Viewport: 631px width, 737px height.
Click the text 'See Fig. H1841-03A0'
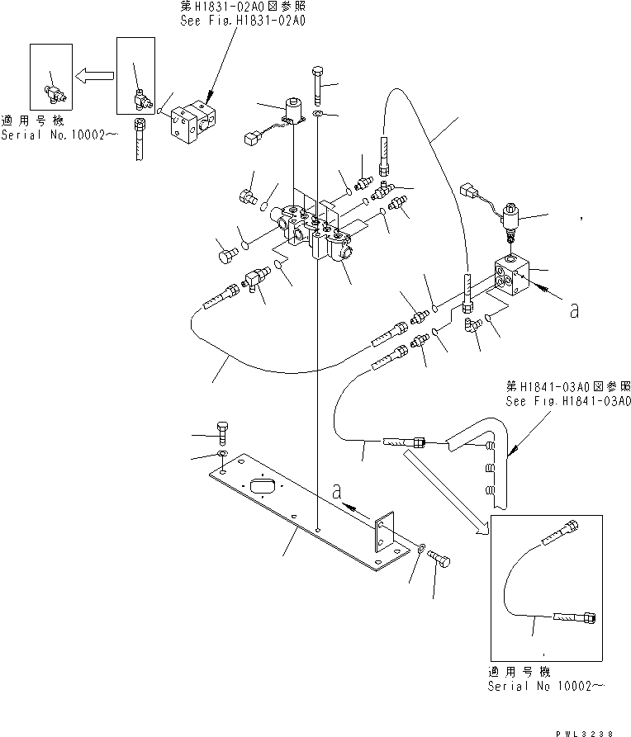pyautogui.click(x=567, y=402)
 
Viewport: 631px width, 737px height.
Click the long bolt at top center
pyautogui.click(x=318, y=86)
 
